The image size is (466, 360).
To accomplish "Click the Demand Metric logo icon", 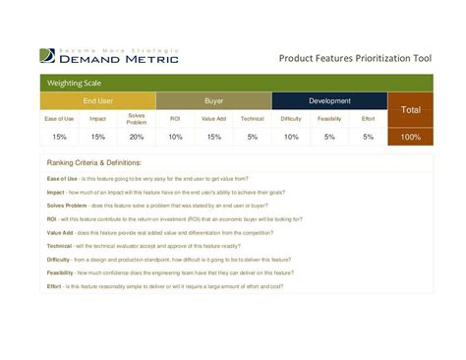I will (47, 56).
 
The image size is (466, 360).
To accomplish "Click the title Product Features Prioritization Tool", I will (355, 59).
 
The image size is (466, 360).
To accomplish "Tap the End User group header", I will (97, 100).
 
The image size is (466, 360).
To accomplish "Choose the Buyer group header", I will (213, 100).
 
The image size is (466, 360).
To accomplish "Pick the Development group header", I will (329, 100).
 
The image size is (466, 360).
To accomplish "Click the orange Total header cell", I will (410, 109).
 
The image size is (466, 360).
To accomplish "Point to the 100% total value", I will (410, 137).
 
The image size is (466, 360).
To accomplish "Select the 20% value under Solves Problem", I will (136, 137).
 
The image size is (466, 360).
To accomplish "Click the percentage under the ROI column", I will (175, 137).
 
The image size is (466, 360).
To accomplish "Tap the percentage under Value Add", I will (213, 137).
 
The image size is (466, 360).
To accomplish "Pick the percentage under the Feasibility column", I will (329, 137).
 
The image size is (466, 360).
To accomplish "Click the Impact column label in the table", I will (97, 118).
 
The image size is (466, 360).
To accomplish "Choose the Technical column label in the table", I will (252, 118).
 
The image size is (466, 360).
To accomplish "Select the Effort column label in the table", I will (368, 118).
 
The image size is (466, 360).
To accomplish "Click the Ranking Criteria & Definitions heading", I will (94, 162).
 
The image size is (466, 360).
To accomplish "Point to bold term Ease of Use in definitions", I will (63, 178).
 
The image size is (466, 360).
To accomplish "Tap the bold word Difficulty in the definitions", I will (58, 259).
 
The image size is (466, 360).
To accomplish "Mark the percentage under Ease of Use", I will (59, 137).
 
